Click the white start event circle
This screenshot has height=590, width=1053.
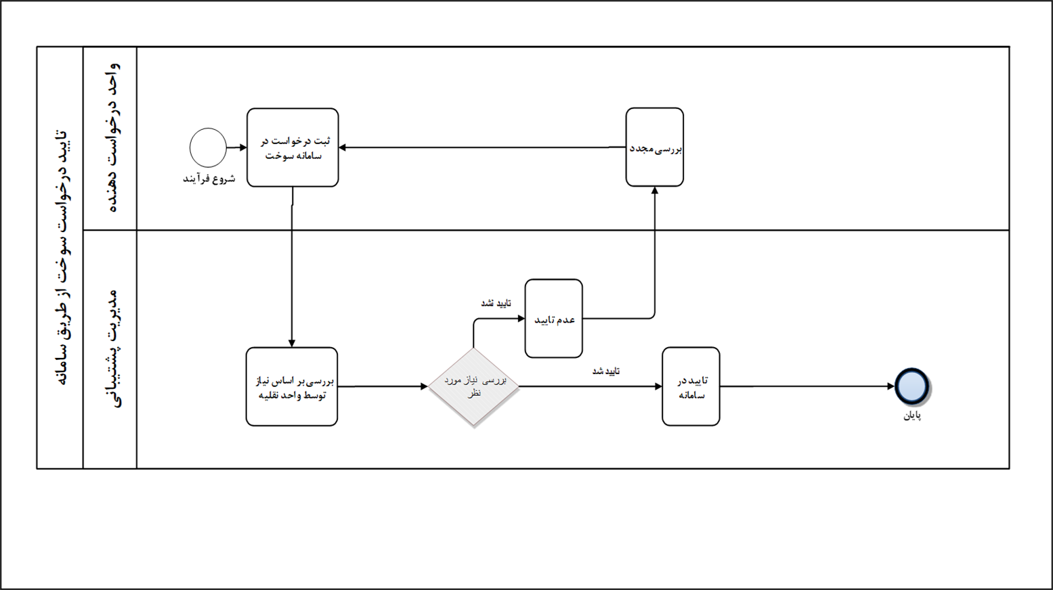[x=208, y=147]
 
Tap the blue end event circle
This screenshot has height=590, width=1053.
[x=911, y=386]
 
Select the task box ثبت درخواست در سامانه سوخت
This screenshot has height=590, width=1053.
[x=293, y=147]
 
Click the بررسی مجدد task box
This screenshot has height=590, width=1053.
[x=654, y=147]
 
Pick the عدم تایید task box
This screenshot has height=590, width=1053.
[x=553, y=319]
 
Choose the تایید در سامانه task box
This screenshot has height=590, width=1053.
[x=691, y=387]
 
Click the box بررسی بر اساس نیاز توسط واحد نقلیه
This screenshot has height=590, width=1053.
[x=292, y=387]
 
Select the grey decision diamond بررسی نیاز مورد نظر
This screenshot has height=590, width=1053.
[x=473, y=387]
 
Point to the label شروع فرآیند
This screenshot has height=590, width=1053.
[x=209, y=179]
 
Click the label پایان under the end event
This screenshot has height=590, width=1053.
[x=912, y=415]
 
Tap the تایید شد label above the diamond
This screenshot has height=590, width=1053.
[x=496, y=303]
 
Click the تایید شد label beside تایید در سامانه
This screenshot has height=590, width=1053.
[x=606, y=371]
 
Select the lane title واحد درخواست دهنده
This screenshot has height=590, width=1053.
[x=110, y=138]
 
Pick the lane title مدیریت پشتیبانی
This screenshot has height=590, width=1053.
[x=110, y=349]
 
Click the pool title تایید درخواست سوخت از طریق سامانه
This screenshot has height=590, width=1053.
[x=60, y=257]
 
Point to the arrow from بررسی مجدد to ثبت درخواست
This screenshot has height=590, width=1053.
[x=481, y=147]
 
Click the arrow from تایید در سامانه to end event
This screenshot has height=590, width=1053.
[x=806, y=386]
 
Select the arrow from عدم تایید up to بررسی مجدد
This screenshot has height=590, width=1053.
[x=655, y=257]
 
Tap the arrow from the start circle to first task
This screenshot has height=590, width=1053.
[x=236, y=147]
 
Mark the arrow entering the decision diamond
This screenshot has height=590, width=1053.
[x=383, y=387]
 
